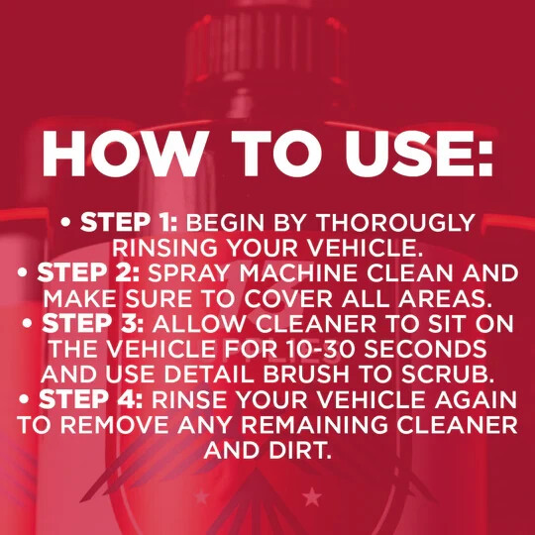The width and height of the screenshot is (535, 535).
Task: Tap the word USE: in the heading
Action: click(x=418, y=154)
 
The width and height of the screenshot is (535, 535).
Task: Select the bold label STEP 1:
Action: click(x=129, y=222)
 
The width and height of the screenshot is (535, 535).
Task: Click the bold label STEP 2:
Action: click(x=88, y=273)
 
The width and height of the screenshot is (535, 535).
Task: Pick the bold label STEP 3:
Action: click(x=93, y=323)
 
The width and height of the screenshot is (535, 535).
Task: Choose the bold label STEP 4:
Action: click(x=91, y=399)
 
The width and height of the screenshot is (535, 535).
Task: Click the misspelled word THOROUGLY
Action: click(x=396, y=223)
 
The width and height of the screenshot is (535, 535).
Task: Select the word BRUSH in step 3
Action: click(x=306, y=374)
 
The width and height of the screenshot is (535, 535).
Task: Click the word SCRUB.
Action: click(x=448, y=374)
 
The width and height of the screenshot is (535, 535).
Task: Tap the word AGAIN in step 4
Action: click(x=476, y=399)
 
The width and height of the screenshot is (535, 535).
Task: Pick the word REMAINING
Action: click(x=315, y=425)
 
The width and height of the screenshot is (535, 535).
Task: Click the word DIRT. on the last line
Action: click(x=300, y=450)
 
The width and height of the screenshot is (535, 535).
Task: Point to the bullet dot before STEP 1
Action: click(x=65, y=223)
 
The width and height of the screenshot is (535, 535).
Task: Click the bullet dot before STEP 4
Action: click(x=24, y=399)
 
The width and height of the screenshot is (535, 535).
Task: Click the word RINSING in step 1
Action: click(x=165, y=248)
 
